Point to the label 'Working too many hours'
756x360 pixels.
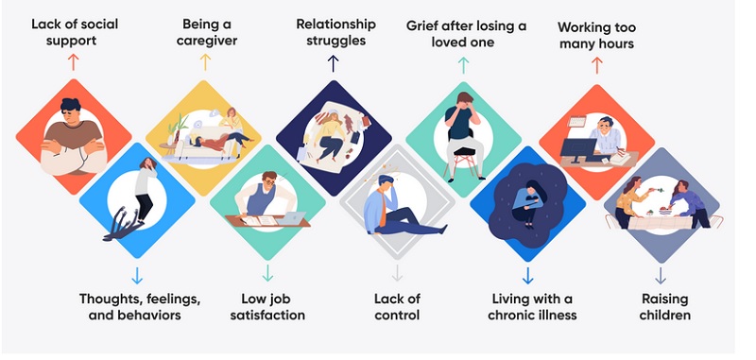click(x=595, y=35)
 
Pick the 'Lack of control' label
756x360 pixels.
click(x=397, y=306)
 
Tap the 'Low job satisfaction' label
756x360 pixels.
click(x=267, y=306)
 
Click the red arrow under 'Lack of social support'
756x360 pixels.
click(x=74, y=62)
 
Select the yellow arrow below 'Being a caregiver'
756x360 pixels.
click(x=206, y=62)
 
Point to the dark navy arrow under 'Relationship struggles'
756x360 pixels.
click(x=333, y=63)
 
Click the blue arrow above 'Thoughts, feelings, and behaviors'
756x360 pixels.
click(x=137, y=275)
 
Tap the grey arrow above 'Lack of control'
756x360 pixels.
click(x=397, y=274)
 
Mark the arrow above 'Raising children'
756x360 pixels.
click(x=661, y=275)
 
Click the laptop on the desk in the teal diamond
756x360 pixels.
click(x=291, y=217)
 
